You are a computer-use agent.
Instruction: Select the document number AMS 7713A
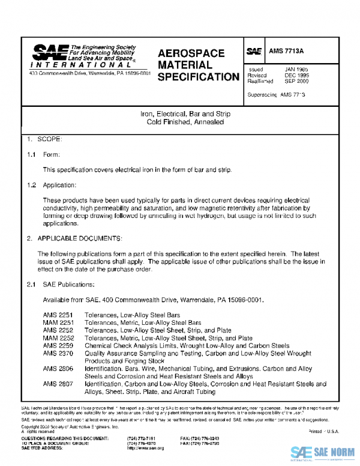(x=287, y=52)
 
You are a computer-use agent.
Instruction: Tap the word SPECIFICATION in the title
(x=198, y=77)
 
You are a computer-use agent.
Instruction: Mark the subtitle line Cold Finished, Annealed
(x=185, y=122)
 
